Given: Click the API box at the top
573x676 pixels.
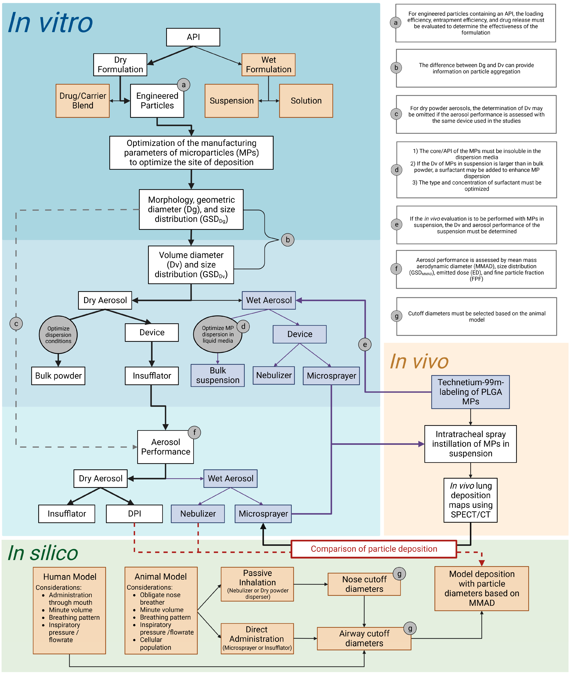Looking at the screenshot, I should pos(193,37).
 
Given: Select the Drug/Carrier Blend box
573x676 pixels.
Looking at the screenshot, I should pos(82,101).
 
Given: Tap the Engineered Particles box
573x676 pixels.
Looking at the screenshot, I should pos(157,101).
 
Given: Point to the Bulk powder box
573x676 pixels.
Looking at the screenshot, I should pos(58,376).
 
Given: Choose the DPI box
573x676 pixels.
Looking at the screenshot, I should pos(134,514).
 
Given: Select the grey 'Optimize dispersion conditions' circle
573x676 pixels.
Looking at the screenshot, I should pos(58,335).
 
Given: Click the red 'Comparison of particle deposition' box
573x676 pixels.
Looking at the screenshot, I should pos(373,549).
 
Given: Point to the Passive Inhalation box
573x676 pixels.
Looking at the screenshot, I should pos(257,584).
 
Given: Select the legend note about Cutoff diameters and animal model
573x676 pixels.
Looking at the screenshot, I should pos(476,316).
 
